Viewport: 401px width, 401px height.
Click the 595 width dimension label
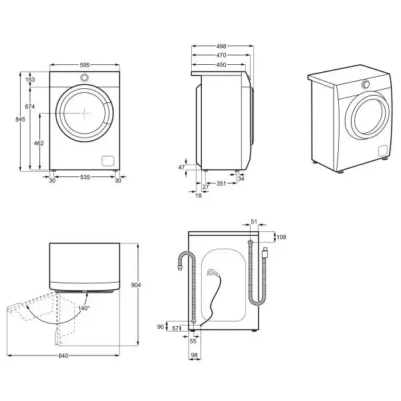[84, 65]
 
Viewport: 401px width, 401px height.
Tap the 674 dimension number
[30, 107]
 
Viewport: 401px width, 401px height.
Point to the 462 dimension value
[39, 143]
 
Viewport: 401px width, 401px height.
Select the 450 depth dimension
[221, 65]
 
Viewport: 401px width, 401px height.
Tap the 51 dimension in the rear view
[253, 221]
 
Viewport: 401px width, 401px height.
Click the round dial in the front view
[85, 78]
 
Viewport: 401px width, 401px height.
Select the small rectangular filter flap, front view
[106, 160]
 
